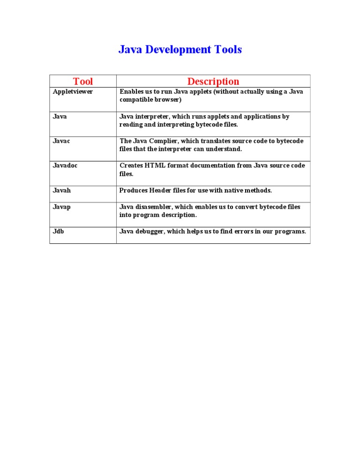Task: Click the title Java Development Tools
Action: (180, 50)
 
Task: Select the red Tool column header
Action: (83, 82)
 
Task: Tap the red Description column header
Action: (213, 82)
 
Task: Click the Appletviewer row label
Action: (73, 92)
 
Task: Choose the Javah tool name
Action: (62, 191)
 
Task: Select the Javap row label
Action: (62, 207)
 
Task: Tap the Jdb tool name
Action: (59, 232)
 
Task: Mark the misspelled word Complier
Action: (170, 141)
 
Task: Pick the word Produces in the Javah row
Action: (133, 191)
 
